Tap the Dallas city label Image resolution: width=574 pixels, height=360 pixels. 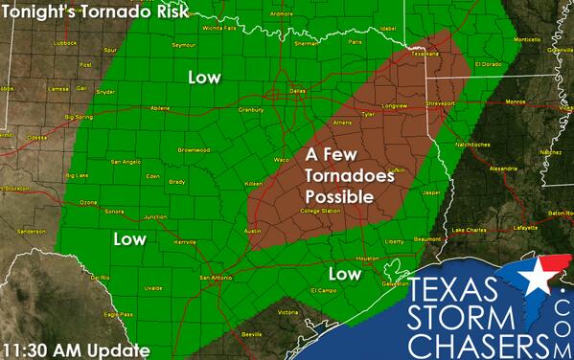pyautogui.click(x=298, y=89)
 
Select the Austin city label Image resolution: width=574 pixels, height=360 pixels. pyautogui.click(x=253, y=231)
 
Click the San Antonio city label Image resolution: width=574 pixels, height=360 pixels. pyautogui.click(x=217, y=278)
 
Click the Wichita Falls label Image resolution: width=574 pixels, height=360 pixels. pyautogui.click(x=218, y=28)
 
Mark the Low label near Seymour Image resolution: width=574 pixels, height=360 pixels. pyautogui.click(x=203, y=77)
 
